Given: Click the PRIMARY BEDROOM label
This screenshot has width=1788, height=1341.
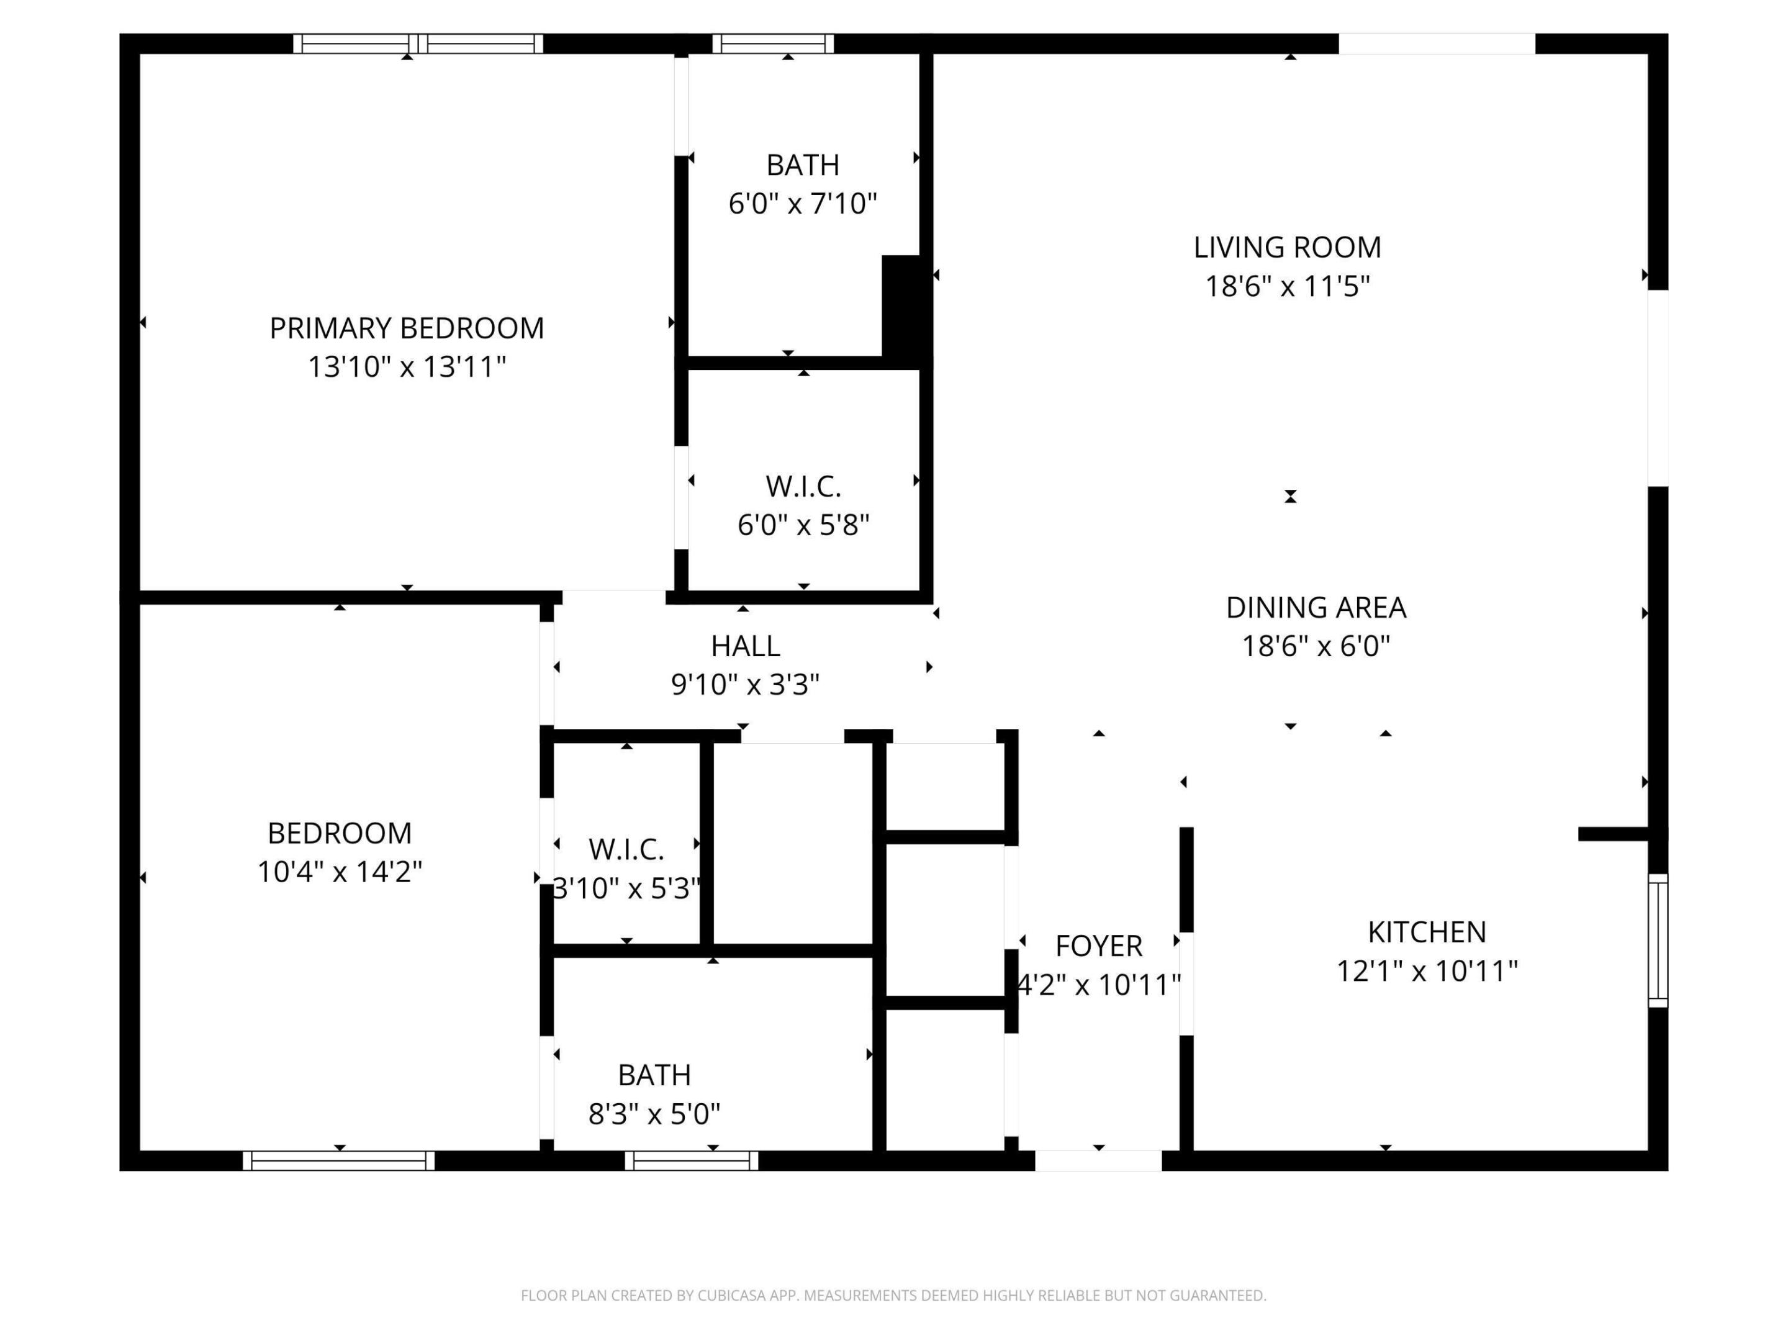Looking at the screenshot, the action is pyautogui.click(x=407, y=328).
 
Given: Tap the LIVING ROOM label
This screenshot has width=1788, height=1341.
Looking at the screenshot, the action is pyautogui.click(x=1288, y=247).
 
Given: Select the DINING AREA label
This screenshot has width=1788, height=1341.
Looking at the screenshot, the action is pyautogui.click(x=1316, y=608).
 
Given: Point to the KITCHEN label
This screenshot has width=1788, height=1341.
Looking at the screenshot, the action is pyautogui.click(x=1427, y=932).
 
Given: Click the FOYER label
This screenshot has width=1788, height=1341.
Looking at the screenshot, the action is pyautogui.click(x=1098, y=946).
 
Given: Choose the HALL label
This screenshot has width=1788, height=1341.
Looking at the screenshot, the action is pyautogui.click(x=745, y=646).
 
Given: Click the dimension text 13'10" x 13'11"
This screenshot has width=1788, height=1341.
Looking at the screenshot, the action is pyautogui.click(x=407, y=367).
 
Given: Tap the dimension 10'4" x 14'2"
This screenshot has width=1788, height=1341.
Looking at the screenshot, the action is pyautogui.click(x=340, y=872).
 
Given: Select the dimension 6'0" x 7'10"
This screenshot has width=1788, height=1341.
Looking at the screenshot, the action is pyautogui.click(x=803, y=204).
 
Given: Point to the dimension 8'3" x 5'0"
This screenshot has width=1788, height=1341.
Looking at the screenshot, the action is pyautogui.click(x=654, y=1114).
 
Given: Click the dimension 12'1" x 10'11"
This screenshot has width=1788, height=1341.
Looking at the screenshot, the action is pyautogui.click(x=1427, y=971).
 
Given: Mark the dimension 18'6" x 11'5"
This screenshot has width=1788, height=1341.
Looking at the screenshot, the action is pyautogui.click(x=1288, y=286).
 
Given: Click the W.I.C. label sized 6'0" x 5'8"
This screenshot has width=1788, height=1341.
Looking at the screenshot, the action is pyautogui.click(x=803, y=487).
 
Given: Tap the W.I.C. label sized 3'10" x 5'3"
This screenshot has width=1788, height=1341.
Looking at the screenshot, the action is pyautogui.click(x=626, y=849).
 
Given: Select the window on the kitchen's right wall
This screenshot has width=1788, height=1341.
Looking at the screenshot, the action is pyautogui.click(x=1658, y=940).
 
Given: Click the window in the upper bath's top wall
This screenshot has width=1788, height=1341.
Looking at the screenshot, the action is pyautogui.click(x=773, y=43).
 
